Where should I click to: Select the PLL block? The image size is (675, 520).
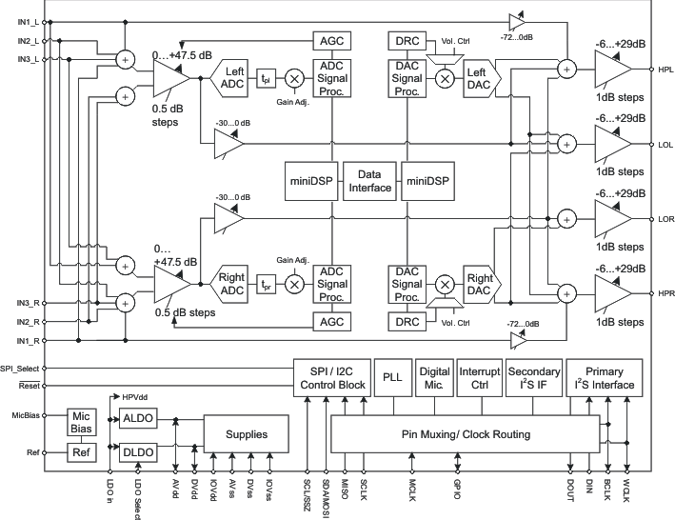point(392,377)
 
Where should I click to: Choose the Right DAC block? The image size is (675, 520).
point(480,282)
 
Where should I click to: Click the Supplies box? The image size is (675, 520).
point(246,434)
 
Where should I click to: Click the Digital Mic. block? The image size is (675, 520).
point(434,377)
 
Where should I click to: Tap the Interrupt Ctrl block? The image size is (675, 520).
point(479,377)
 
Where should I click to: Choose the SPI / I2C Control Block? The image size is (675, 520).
point(331,377)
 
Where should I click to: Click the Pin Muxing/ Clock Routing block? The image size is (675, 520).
point(465,434)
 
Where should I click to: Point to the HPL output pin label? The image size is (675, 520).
point(665,70)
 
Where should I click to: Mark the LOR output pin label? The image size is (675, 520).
point(665,218)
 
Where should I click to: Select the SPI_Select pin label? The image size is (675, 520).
point(20,368)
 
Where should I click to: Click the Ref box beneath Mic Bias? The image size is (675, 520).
point(81,452)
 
